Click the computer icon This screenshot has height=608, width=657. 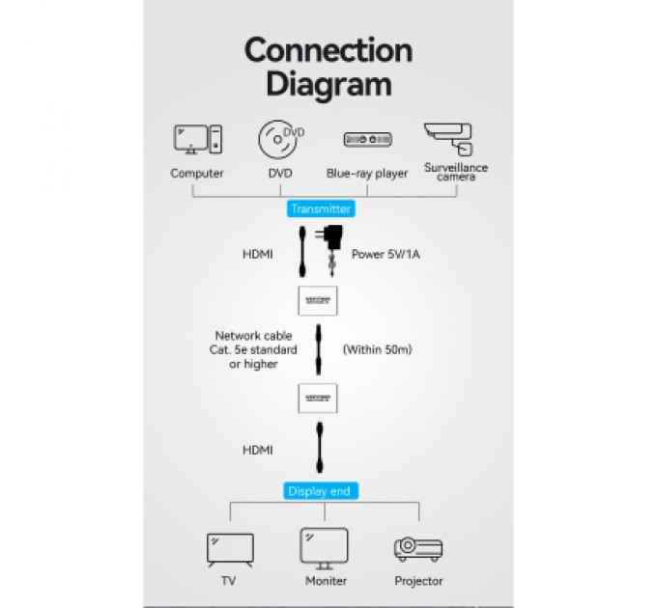point(197,139)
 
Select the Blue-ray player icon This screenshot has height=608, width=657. point(368,140)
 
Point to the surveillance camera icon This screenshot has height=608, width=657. point(450,138)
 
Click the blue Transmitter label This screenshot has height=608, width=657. point(321,208)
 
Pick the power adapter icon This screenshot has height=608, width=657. point(333,243)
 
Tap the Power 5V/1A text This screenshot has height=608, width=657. point(385,255)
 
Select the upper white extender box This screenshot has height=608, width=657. point(317,300)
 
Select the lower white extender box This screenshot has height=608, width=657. point(317,397)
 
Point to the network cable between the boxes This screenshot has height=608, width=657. point(318,349)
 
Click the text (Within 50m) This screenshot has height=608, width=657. point(378,349)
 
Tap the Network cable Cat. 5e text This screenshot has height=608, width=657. point(246,349)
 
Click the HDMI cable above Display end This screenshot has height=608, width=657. point(317,450)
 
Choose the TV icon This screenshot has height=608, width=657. point(230,550)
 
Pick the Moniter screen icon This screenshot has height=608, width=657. point(324,547)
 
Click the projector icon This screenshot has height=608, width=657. point(418,549)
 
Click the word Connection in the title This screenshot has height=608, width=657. point(328,50)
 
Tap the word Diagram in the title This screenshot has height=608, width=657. point(328,84)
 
